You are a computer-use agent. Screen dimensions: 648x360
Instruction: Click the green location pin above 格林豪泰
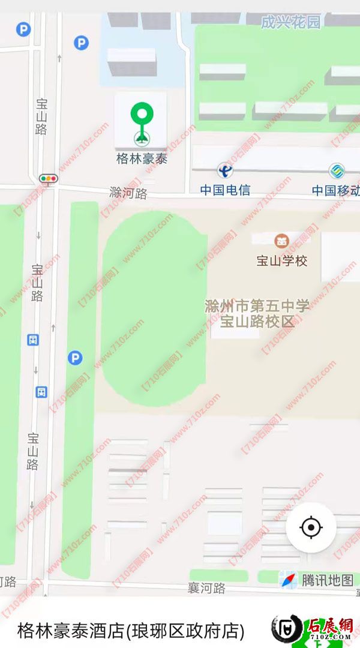(142, 116)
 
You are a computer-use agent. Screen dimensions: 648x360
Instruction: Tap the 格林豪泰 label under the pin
(142, 159)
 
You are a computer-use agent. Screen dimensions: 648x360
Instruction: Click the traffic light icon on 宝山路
(48, 178)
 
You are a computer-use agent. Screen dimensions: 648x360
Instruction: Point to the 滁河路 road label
(128, 193)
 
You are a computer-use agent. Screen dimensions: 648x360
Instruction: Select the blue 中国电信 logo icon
(225, 171)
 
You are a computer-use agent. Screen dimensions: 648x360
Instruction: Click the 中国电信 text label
(225, 190)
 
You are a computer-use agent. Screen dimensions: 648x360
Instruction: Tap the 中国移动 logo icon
(337, 171)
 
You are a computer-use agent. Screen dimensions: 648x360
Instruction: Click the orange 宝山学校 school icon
(281, 241)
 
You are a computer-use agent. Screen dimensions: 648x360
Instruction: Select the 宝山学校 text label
(281, 261)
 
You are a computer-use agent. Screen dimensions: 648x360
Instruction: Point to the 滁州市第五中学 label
(257, 306)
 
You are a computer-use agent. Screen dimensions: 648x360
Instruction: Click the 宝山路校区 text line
(257, 322)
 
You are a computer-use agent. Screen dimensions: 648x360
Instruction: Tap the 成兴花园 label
(291, 23)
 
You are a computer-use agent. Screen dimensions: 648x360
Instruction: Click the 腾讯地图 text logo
(328, 580)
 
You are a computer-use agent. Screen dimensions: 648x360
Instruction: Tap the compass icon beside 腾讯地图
(289, 580)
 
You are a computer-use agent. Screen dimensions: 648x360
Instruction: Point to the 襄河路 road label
(206, 589)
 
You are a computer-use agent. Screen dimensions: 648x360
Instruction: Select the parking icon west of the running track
(75, 358)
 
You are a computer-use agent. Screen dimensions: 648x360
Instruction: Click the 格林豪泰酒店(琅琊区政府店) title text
(131, 631)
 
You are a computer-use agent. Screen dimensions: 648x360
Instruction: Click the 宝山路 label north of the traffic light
(41, 116)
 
